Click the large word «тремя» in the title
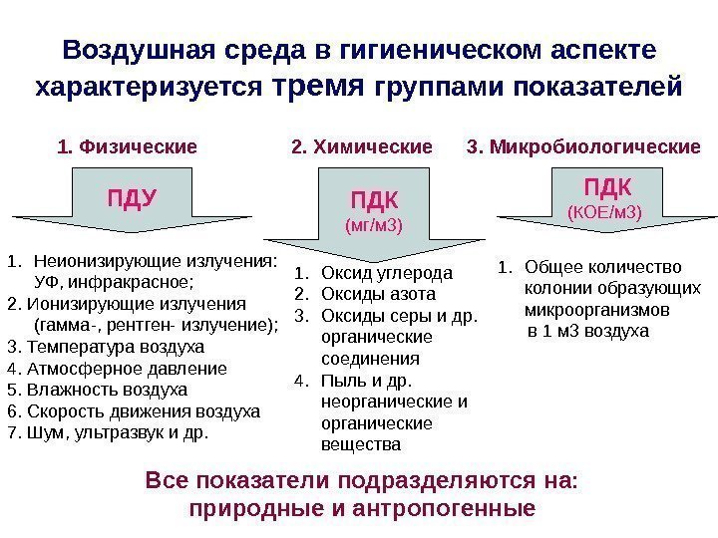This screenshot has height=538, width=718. pos(320,86)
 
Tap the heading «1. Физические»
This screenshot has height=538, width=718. pos(129,148)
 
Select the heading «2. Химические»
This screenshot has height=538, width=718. pos(362,148)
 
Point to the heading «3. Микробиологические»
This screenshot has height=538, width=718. pos(583,148)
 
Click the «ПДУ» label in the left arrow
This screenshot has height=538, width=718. pos(133,195)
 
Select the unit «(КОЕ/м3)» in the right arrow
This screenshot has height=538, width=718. pos(604,212)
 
